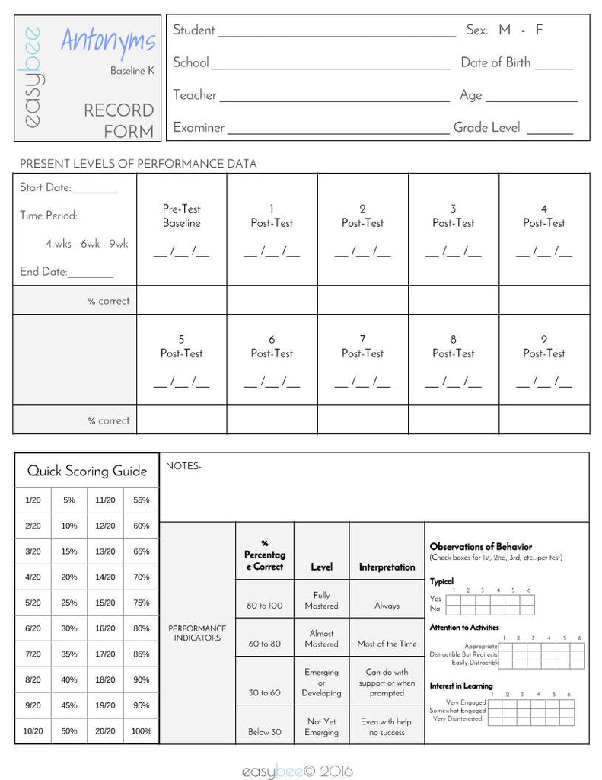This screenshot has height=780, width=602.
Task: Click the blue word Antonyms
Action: coord(108,41)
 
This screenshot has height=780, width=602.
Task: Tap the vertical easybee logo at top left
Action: coord(33,78)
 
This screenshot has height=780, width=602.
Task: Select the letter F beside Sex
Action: coord(539,30)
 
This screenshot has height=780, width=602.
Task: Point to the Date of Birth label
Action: coord(495,62)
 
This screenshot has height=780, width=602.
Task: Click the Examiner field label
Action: coord(199,128)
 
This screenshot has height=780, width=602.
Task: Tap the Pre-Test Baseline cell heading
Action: coord(181,216)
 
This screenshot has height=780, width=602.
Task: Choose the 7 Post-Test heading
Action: coord(362,347)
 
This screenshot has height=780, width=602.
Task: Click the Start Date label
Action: coord(46,187)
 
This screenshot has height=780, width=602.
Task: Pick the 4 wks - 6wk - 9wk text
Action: coord(87,244)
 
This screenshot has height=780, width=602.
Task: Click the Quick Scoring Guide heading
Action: coord(87,471)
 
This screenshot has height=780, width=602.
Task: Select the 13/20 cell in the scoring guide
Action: coord(105,551)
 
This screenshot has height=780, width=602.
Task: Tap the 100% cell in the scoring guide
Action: coord(142,731)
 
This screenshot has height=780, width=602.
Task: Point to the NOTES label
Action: coord(183,465)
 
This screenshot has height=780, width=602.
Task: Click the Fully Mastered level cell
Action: coord(321,600)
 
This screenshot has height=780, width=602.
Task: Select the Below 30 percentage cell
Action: coord(264,732)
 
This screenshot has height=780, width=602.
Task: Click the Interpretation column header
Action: coord(387,567)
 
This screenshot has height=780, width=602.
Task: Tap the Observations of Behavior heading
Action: coord(481,547)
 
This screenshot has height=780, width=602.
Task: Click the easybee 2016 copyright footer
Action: coord(298,772)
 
